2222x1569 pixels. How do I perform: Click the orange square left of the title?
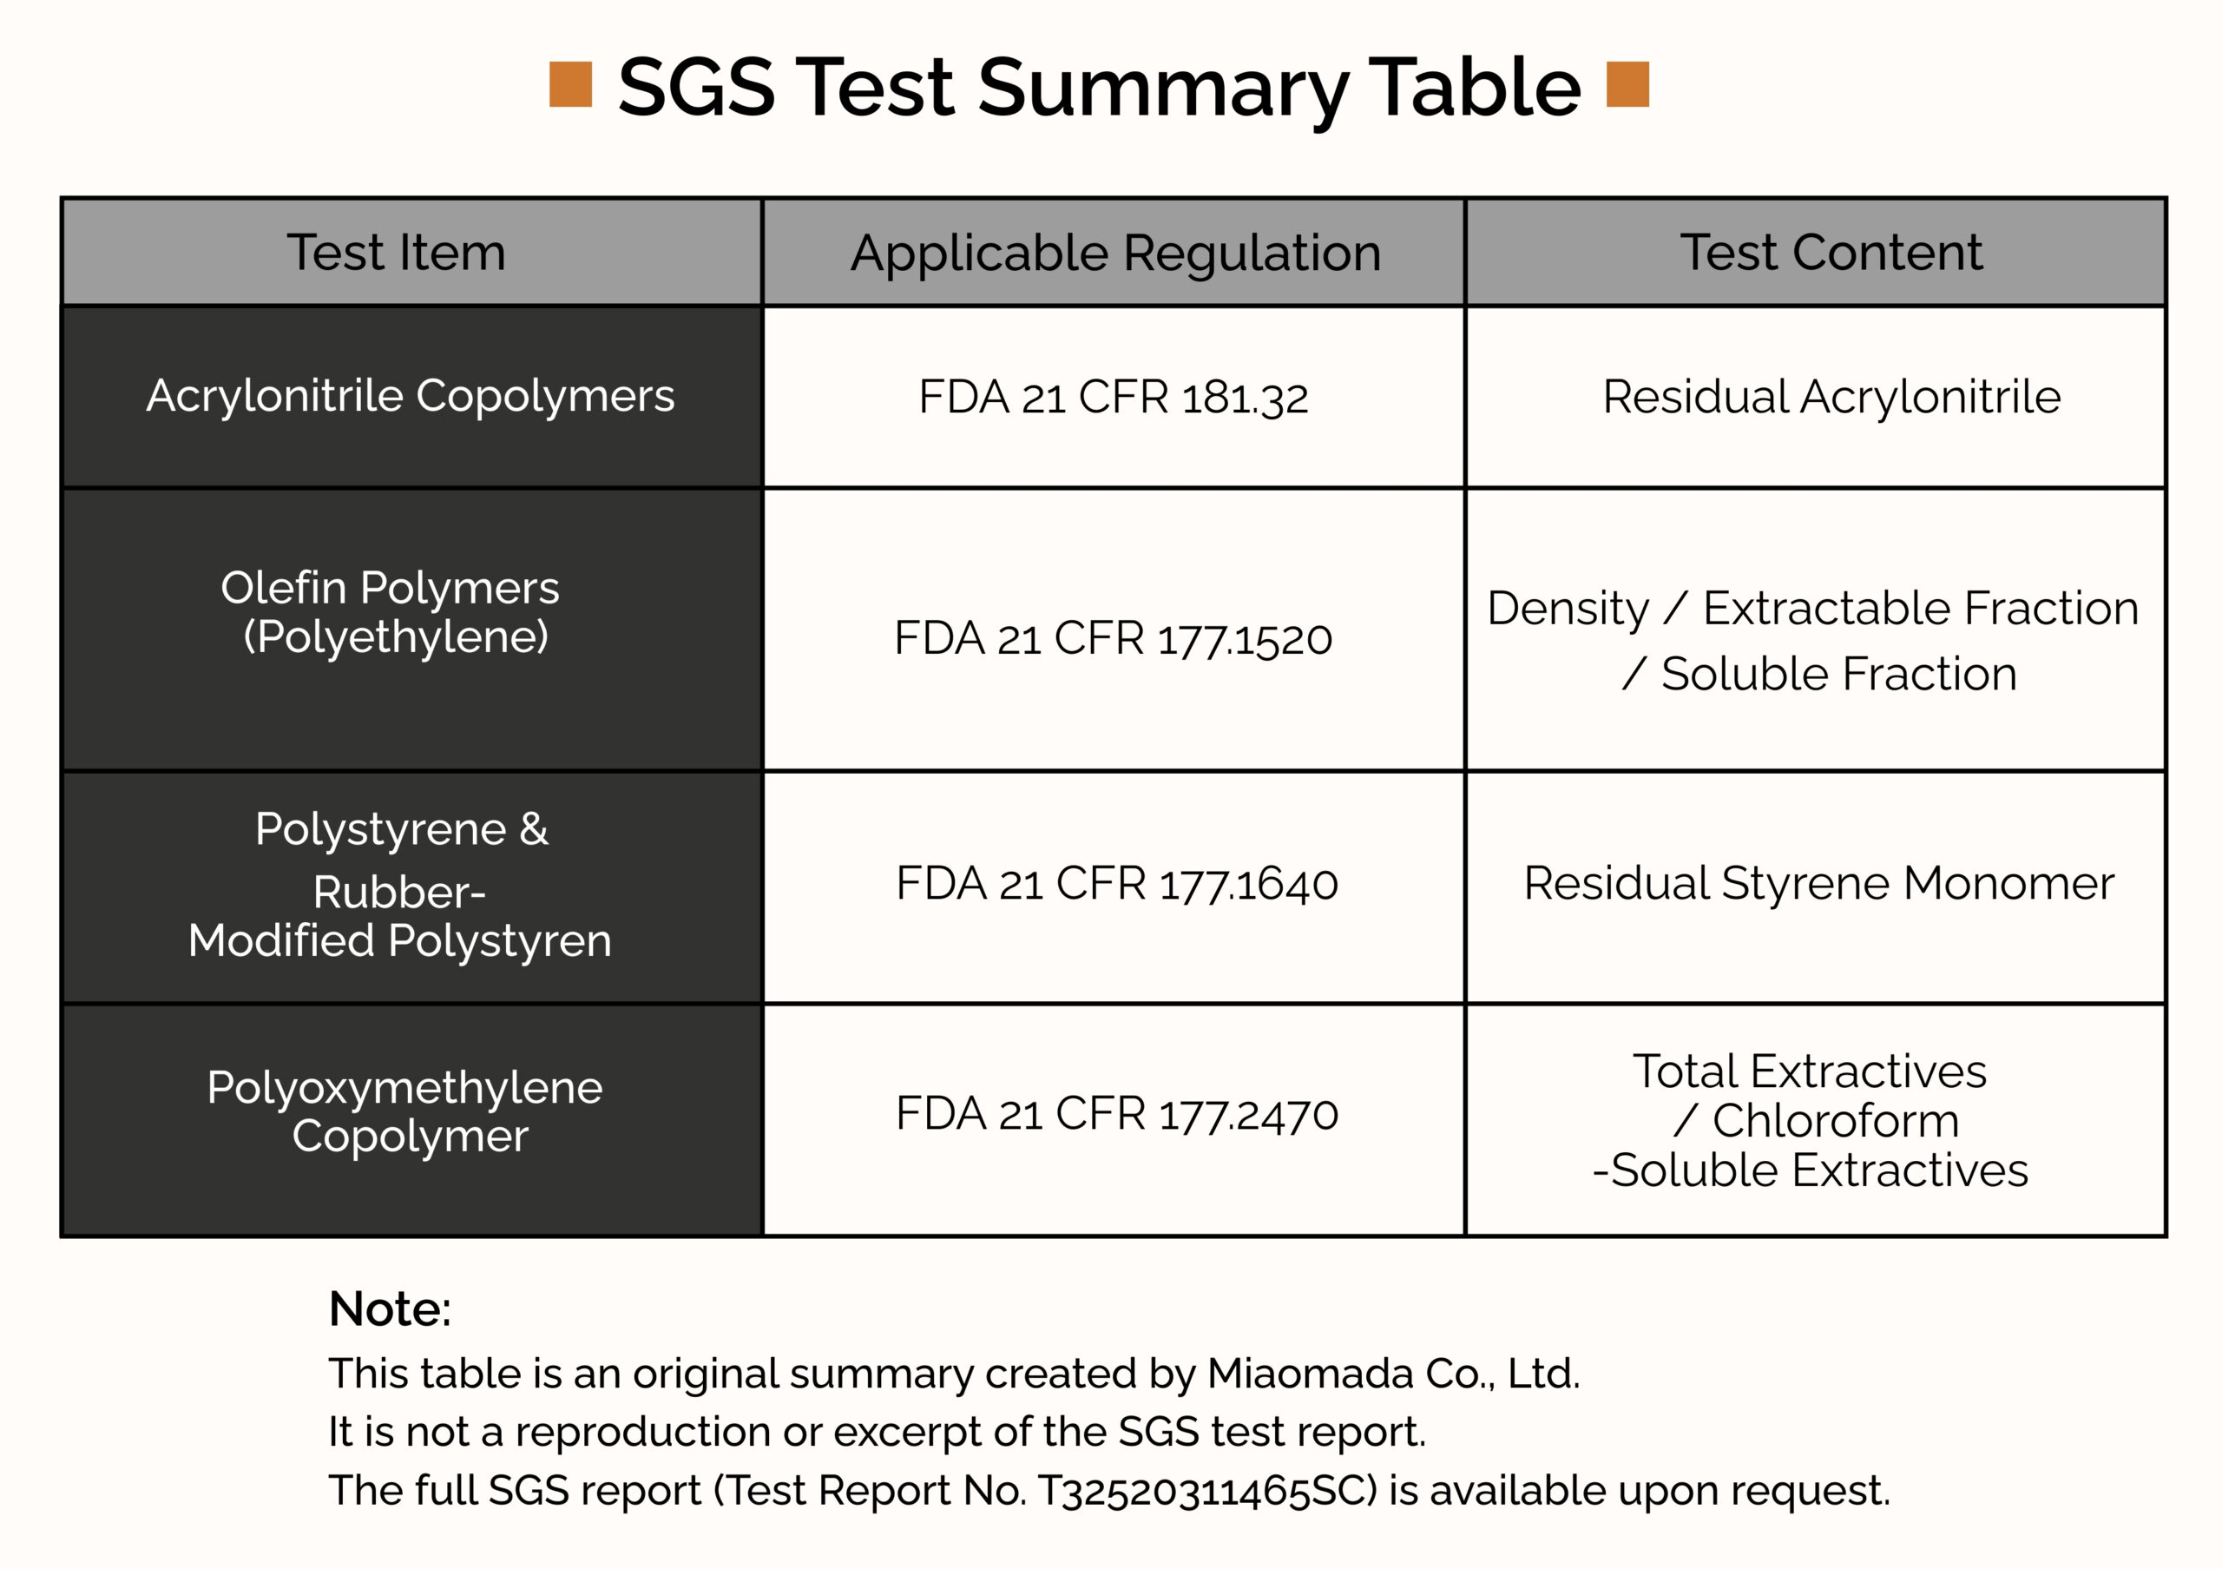click(570, 84)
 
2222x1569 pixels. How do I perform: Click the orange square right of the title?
click(1627, 84)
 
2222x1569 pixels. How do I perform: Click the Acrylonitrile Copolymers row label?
click(411, 396)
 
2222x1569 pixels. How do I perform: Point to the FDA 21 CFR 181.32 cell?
click(1113, 397)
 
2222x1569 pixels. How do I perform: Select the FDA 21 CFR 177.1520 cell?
click(1113, 639)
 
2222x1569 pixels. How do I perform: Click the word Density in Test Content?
click(1568, 609)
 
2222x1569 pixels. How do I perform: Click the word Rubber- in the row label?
click(399, 892)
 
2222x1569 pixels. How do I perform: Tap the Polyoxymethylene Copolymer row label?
click(405, 1111)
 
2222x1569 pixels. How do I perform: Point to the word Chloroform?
click(1836, 1121)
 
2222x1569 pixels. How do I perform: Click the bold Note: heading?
click(390, 1309)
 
